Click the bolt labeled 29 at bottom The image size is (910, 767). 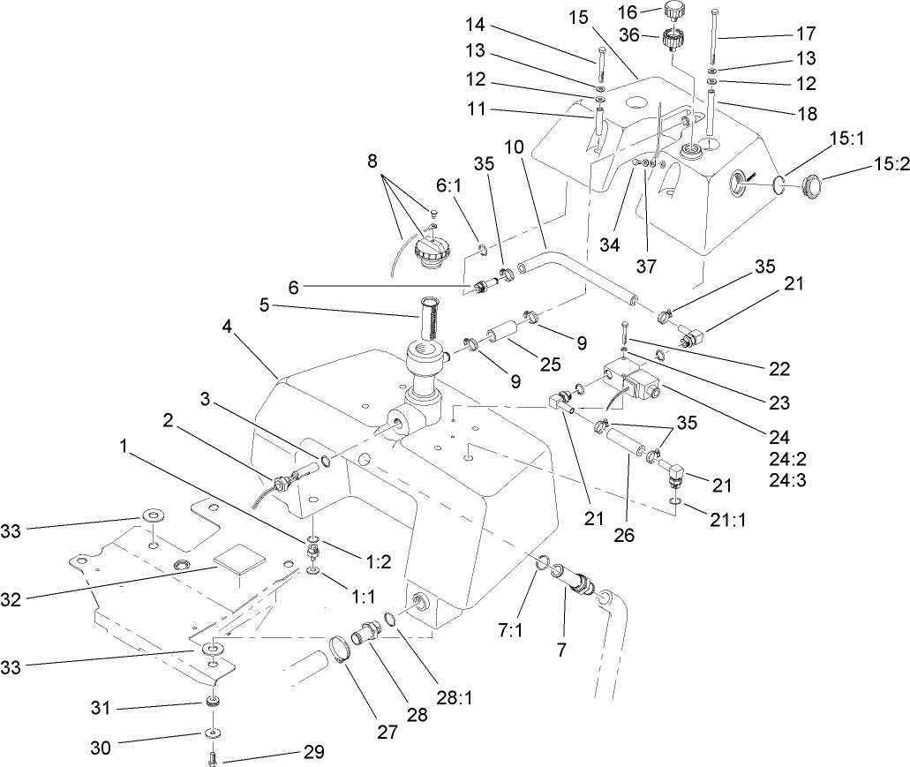[213, 756]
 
